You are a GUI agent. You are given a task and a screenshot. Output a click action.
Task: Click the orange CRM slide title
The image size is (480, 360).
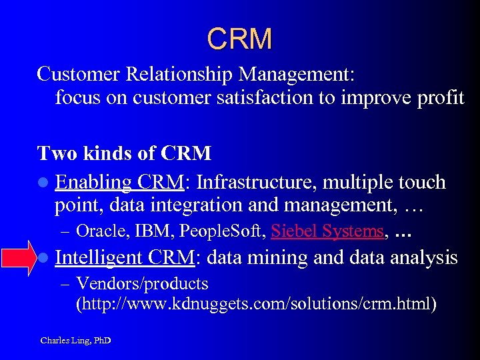(x=239, y=39)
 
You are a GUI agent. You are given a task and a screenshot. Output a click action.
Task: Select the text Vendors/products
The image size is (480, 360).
(x=143, y=284)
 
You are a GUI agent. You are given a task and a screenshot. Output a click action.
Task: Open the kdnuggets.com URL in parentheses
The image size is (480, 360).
(x=257, y=305)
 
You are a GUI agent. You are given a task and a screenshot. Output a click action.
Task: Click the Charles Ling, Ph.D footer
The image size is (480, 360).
(x=75, y=341)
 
